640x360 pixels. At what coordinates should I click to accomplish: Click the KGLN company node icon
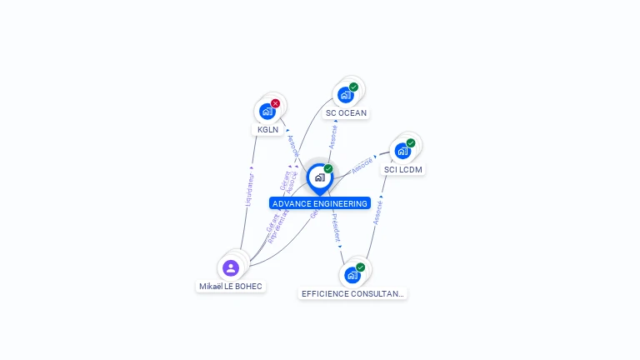pyautogui.click(x=267, y=111)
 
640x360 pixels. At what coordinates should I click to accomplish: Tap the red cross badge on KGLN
pyautogui.click(x=276, y=103)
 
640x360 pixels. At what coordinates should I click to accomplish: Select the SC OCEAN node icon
pyautogui.click(x=345, y=95)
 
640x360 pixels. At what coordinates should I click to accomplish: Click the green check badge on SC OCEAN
pyautogui.click(x=354, y=87)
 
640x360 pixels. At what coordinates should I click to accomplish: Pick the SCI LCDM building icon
pyautogui.click(x=402, y=151)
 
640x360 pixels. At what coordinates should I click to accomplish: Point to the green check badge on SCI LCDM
pyautogui.click(x=411, y=142)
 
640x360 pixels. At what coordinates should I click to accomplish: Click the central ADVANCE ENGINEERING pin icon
pyautogui.click(x=319, y=177)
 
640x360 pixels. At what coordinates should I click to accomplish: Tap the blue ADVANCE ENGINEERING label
pyautogui.click(x=320, y=203)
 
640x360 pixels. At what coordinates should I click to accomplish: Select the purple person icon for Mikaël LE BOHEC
pyautogui.click(x=231, y=267)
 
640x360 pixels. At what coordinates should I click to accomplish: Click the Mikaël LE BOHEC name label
pyautogui.click(x=231, y=287)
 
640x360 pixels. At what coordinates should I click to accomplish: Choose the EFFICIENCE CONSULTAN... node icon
pyautogui.click(x=352, y=275)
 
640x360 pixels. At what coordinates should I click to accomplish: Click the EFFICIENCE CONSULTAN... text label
pyautogui.click(x=353, y=293)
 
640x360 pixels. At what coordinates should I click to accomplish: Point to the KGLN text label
pyautogui.click(x=267, y=130)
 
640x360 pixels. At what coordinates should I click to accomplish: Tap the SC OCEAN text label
pyautogui.click(x=346, y=113)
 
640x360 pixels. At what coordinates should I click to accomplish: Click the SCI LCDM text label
pyautogui.click(x=403, y=170)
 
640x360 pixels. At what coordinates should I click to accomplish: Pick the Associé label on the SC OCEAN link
pyautogui.click(x=333, y=136)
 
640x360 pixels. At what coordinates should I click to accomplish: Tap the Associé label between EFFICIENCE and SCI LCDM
pyautogui.click(x=377, y=211)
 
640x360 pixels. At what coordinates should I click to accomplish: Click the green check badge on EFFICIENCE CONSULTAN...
pyautogui.click(x=361, y=267)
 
